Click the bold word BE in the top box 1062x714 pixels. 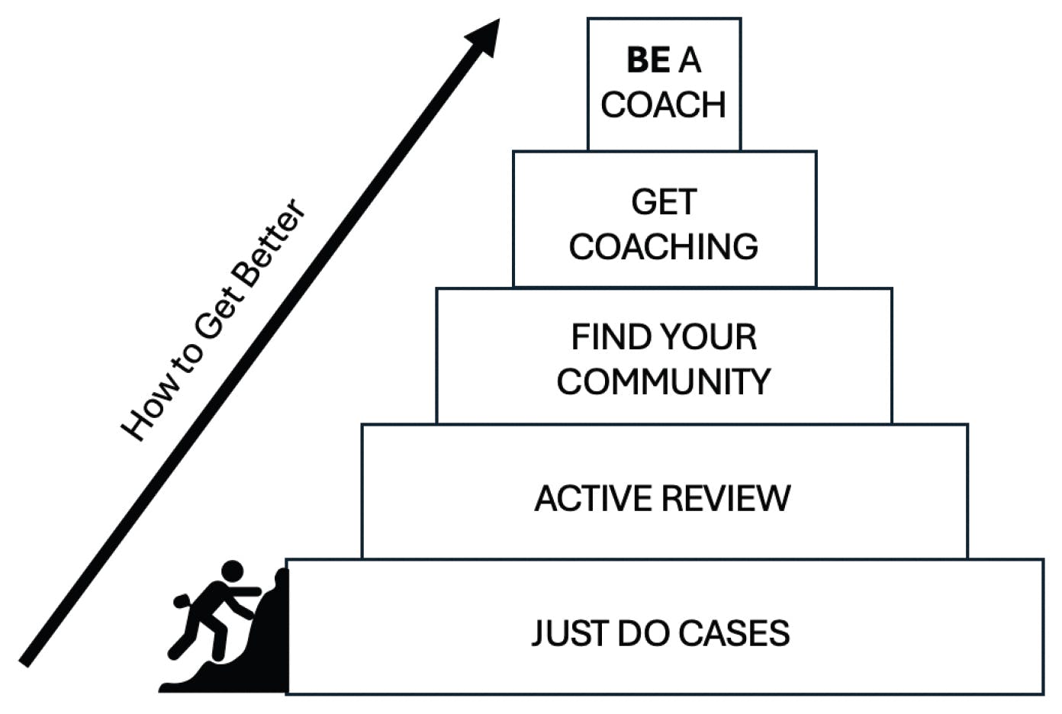(648, 60)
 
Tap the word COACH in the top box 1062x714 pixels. (663, 105)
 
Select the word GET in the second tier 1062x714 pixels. (664, 202)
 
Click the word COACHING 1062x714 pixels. (664, 246)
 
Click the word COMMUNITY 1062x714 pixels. (664, 381)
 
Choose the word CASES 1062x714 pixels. (733, 634)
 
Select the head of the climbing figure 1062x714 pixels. (232, 571)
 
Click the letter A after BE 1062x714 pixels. (690, 60)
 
